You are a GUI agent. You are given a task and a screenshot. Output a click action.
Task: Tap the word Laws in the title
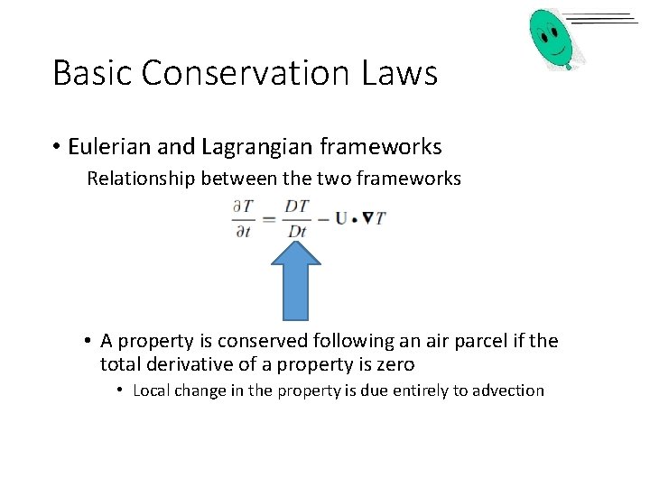coord(400,73)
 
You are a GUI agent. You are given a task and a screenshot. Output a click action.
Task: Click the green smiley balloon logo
coord(552,38)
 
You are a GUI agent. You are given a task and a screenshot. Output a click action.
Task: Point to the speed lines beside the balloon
coord(604,20)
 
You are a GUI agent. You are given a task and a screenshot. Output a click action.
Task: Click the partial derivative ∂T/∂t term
coord(243,218)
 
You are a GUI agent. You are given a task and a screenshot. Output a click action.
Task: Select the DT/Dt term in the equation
coord(296,218)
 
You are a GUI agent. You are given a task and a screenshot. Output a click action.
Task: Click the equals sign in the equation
coord(268,218)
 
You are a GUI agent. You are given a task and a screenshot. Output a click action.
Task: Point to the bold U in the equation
coord(341,217)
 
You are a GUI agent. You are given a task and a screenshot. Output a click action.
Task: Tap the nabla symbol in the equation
coord(367,217)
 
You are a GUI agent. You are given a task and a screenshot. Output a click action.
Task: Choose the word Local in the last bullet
coord(153,391)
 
